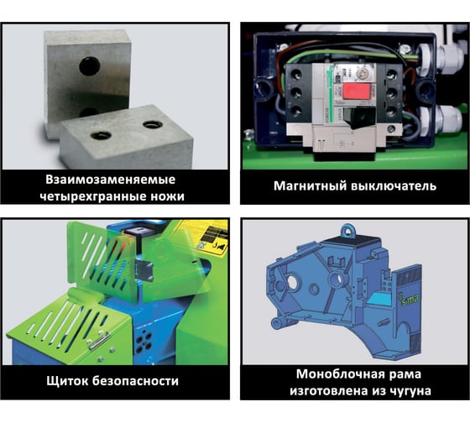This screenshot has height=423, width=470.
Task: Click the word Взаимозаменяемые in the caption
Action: [111, 180]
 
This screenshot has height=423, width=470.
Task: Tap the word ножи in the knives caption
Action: [169, 196]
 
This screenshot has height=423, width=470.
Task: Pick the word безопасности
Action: [135, 381]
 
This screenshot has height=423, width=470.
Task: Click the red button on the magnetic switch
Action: [356, 91]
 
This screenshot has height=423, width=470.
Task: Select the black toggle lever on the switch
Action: [359, 117]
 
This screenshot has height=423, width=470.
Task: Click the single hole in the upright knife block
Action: [90, 66]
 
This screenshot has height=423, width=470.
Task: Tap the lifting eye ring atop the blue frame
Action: [348, 231]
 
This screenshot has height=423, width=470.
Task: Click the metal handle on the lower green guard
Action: [100, 342]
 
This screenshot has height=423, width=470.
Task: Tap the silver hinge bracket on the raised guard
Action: [144, 270]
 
